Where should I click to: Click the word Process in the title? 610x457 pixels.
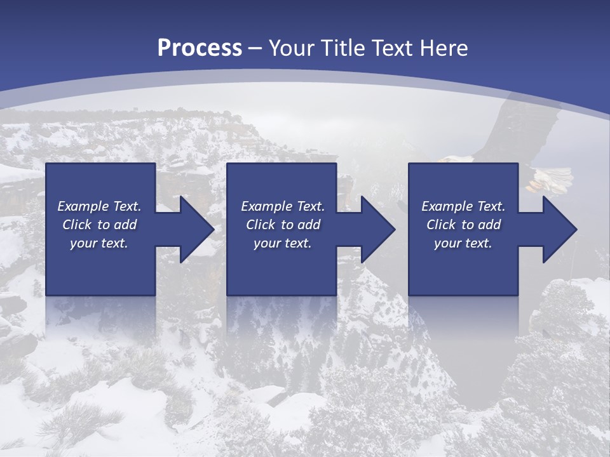(x=200, y=48)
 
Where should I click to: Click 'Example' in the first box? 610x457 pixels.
(x=83, y=206)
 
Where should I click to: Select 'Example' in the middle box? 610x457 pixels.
(x=266, y=206)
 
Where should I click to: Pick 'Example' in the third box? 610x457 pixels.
(x=447, y=206)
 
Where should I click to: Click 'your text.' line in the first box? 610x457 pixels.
(x=99, y=243)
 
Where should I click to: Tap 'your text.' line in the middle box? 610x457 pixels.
(x=282, y=243)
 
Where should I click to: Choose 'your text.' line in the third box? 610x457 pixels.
(x=463, y=243)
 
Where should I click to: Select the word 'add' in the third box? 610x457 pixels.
(x=489, y=225)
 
